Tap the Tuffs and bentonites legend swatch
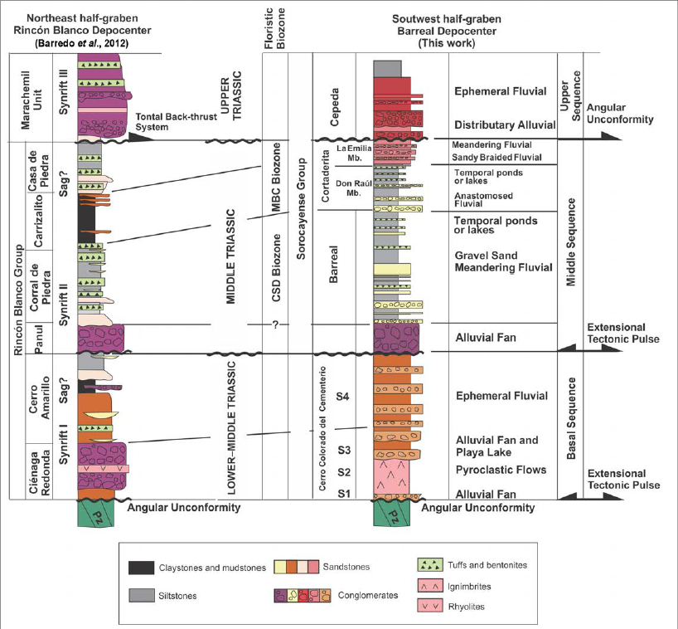432,564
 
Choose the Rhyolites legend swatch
432,606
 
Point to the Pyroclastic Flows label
500,470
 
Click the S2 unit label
346,472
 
